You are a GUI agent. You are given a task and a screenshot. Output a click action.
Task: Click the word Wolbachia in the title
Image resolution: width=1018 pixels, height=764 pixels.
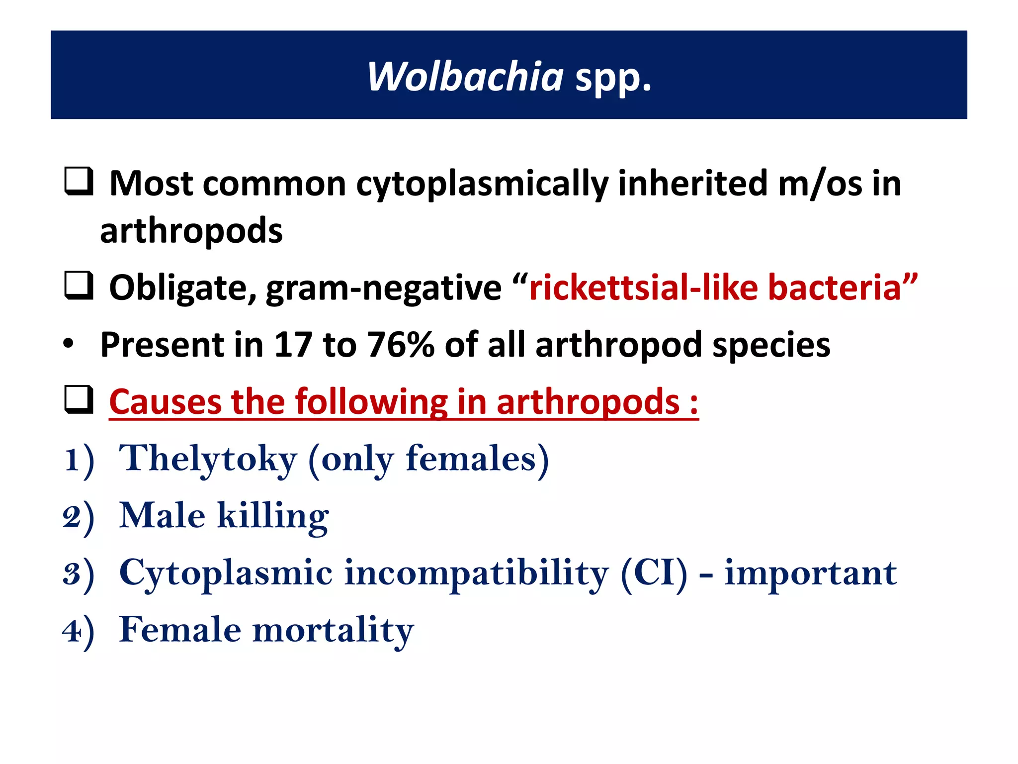465,77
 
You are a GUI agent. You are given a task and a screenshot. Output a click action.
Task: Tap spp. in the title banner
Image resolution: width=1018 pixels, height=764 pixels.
613,79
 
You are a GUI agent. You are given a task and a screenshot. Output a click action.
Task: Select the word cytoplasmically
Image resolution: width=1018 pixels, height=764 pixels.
482,184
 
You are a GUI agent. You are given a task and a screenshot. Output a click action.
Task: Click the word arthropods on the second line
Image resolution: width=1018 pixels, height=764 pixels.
191,231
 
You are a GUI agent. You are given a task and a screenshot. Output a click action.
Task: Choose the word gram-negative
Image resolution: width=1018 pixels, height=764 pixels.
383,288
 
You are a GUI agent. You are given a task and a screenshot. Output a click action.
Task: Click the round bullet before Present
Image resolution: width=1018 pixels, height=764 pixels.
69,344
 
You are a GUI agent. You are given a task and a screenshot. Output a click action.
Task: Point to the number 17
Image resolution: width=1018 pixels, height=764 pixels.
293,344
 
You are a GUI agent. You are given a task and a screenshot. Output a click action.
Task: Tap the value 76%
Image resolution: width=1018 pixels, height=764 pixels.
401,344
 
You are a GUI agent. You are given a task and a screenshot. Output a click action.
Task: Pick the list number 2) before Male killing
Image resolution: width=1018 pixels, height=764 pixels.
79,517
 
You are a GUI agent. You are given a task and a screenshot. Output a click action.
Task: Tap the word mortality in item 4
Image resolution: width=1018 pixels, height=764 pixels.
333,631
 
